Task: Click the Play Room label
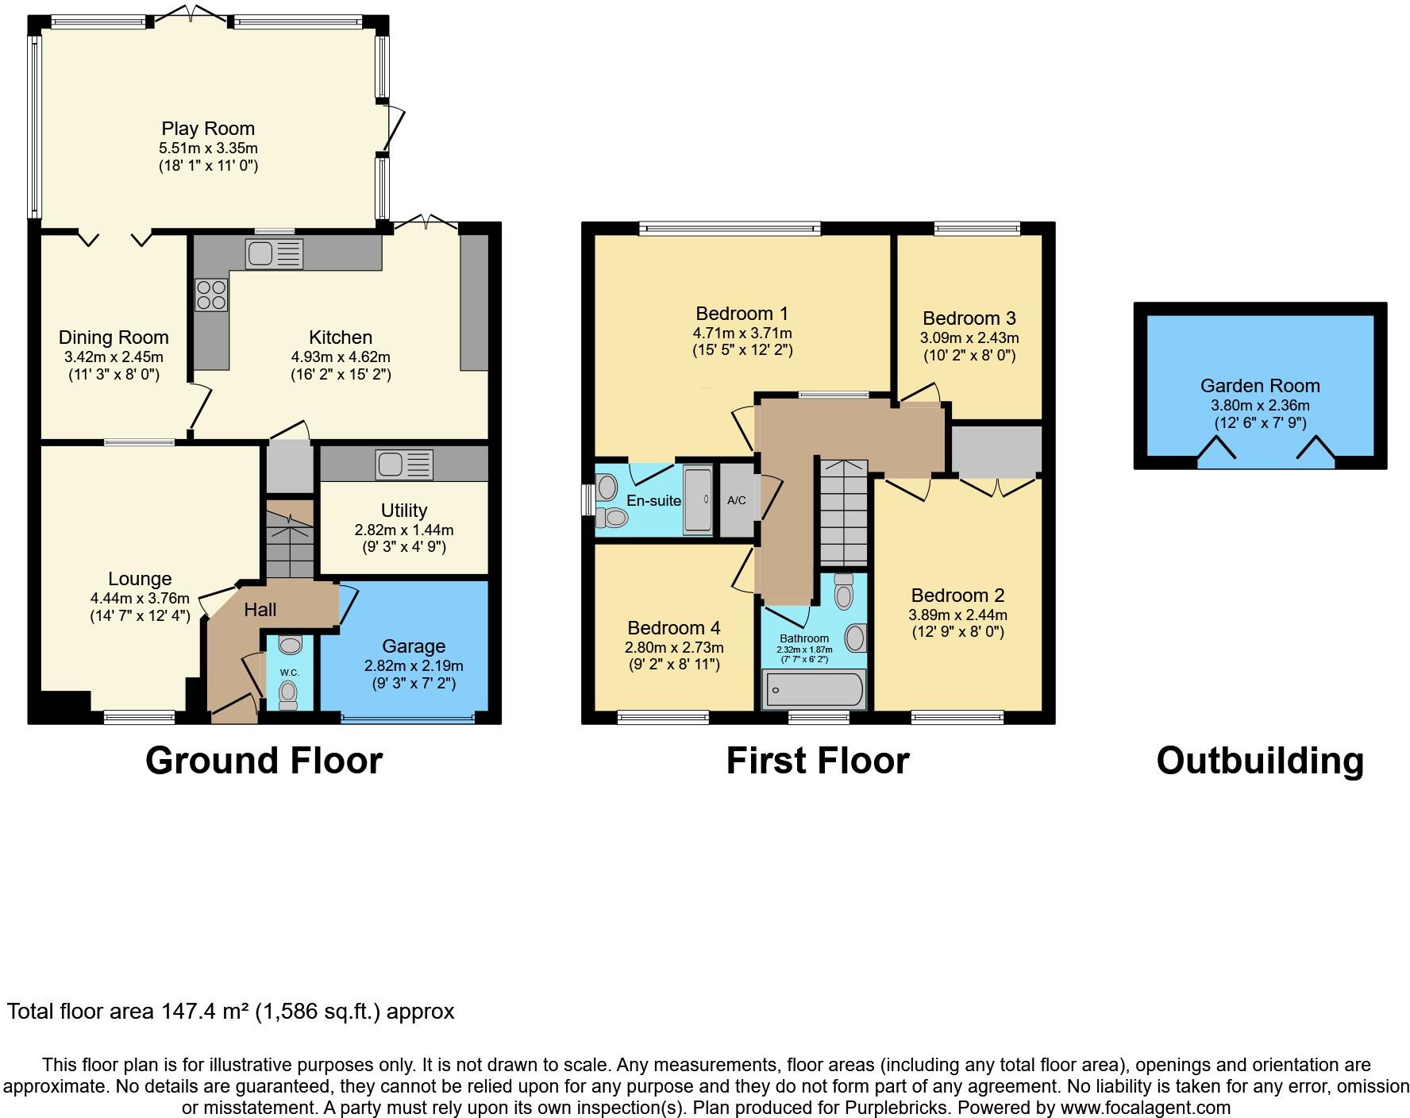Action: click(x=208, y=129)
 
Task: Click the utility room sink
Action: click(x=405, y=465)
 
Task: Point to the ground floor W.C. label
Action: click(x=289, y=673)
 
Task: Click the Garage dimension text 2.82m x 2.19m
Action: click(x=413, y=666)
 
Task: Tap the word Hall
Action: click(x=260, y=610)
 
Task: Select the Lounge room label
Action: click(x=140, y=579)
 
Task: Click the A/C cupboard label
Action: click(x=737, y=501)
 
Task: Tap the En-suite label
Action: click(x=653, y=501)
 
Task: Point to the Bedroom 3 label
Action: click(x=969, y=318)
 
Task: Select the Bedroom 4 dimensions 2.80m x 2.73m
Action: click(x=674, y=647)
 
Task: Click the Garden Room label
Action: click(x=1260, y=386)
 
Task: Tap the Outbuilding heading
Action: click(x=1260, y=761)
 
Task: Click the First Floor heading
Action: click(x=818, y=761)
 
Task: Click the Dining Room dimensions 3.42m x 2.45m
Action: click(x=114, y=357)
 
